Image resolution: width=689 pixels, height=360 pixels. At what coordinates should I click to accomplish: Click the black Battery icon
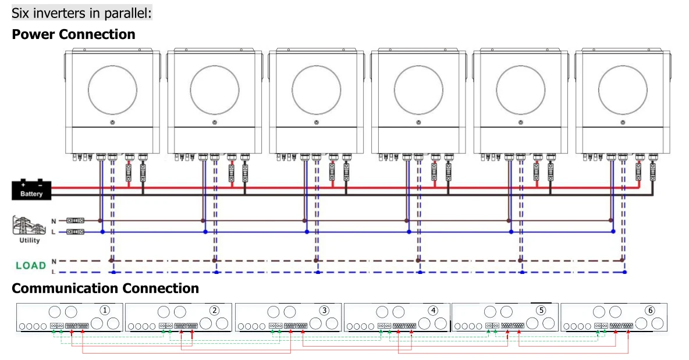(x=31, y=190)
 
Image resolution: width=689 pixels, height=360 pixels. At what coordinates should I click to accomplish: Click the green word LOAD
(x=30, y=266)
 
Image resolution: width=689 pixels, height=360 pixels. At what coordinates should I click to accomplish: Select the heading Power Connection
(x=73, y=34)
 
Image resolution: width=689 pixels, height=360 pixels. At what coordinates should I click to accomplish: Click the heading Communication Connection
(x=105, y=288)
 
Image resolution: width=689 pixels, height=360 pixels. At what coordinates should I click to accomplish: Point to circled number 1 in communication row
(x=105, y=310)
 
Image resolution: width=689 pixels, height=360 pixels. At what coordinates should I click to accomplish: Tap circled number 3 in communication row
(x=324, y=310)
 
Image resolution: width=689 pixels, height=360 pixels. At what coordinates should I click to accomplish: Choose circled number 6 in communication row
(x=650, y=310)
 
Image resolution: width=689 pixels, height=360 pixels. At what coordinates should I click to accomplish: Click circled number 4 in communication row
(x=433, y=310)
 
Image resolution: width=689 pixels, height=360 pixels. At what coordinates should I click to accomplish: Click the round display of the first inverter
(x=112, y=90)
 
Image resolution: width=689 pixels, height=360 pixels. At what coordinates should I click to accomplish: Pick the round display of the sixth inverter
(x=623, y=90)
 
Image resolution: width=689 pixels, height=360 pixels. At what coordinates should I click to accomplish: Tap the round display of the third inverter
(x=317, y=90)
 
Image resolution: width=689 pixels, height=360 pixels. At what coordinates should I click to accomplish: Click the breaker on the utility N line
(x=75, y=221)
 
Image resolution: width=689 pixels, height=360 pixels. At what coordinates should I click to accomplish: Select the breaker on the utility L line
(x=75, y=232)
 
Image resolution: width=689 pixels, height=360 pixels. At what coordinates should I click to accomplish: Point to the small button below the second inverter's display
(x=215, y=123)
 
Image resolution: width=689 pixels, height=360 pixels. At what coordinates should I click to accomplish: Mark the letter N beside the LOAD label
(x=54, y=261)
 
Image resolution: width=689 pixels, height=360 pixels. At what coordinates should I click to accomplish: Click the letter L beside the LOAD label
(x=54, y=272)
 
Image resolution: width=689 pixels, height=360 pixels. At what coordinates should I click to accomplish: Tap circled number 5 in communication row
(x=541, y=310)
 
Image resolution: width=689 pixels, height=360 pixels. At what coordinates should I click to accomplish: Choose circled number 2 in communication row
(x=214, y=310)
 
